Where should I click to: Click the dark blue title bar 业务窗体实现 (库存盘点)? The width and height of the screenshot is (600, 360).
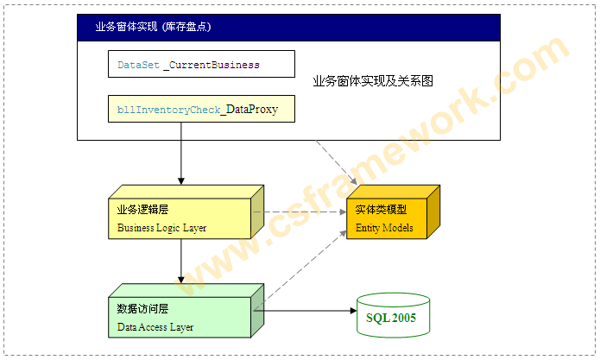tap(288, 27)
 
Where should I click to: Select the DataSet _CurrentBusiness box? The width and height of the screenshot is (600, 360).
tap(200, 65)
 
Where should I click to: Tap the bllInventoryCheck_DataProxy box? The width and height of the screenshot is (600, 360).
tap(200, 110)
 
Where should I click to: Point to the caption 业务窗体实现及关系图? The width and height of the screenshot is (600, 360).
tap(373, 81)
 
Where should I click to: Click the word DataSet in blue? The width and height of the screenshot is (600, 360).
tap(138, 65)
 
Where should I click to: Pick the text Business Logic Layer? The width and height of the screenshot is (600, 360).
tap(162, 228)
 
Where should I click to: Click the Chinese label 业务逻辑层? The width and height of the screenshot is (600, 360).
tap(139, 210)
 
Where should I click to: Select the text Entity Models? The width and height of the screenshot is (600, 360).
tap(385, 228)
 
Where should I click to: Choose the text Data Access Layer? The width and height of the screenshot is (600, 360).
tap(155, 327)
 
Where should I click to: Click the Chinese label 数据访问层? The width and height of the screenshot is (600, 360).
tap(139, 308)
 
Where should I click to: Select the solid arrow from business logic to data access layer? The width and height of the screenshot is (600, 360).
tap(181, 261)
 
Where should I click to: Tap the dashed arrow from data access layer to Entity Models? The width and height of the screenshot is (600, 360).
tap(302, 268)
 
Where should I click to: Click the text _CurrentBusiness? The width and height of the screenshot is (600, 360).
tap(212, 65)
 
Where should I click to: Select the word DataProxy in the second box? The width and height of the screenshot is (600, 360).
tap(250, 110)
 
